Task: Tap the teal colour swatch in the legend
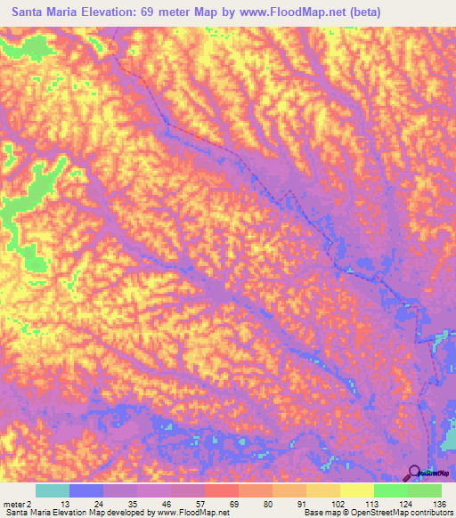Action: [x=53, y=490]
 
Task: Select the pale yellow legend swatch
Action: [x=357, y=490]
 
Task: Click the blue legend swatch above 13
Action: [x=86, y=490]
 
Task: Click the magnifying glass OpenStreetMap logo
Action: [x=414, y=473]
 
